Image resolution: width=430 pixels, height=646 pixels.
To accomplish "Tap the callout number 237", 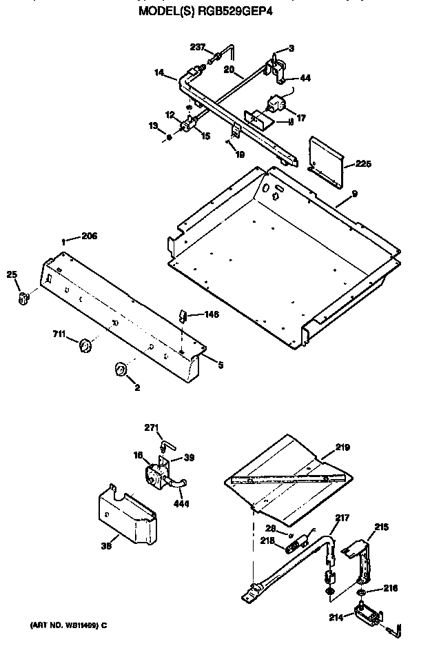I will [198, 47].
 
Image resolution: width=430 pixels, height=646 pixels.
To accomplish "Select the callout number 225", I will [362, 164].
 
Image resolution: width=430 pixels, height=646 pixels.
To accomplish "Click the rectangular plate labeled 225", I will [325, 161].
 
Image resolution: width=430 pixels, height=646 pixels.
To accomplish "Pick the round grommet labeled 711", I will [85, 344].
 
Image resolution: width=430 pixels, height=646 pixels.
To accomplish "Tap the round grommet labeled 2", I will [121, 371].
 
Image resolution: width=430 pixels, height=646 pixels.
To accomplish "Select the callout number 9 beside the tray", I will [354, 194].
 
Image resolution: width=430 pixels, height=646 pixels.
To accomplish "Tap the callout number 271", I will [152, 428].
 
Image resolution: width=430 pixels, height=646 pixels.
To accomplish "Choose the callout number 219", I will [342, 447].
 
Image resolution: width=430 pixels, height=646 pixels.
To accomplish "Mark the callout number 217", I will [342, 517].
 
